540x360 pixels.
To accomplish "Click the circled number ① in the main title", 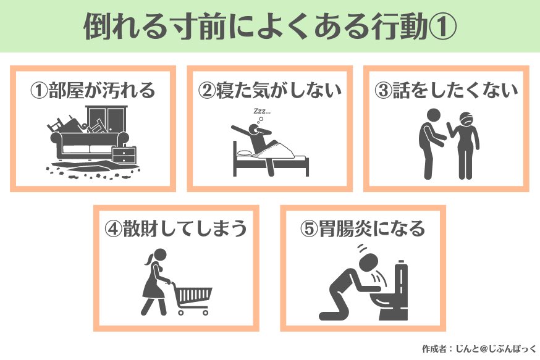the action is tap(442, 27).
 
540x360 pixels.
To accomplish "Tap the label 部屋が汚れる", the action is tap(101, 91).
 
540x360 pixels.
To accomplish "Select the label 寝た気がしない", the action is tap(279, 90).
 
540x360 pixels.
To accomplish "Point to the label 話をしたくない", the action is tap(455, 90).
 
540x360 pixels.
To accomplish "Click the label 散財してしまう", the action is tap(185, 228).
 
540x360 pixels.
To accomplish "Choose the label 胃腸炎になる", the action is tap(371, 228).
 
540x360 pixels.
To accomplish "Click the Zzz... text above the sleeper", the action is tap(262, 111).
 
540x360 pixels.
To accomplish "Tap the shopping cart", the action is tap(192, 298).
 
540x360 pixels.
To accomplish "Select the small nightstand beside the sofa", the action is tap(124, 155).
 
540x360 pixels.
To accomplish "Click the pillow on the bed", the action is tap(244, 153).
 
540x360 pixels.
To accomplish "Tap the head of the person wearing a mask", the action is tap(466, 119).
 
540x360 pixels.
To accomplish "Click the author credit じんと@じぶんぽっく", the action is tap(496, 349).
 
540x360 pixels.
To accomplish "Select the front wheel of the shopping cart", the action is tap(205, 312).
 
